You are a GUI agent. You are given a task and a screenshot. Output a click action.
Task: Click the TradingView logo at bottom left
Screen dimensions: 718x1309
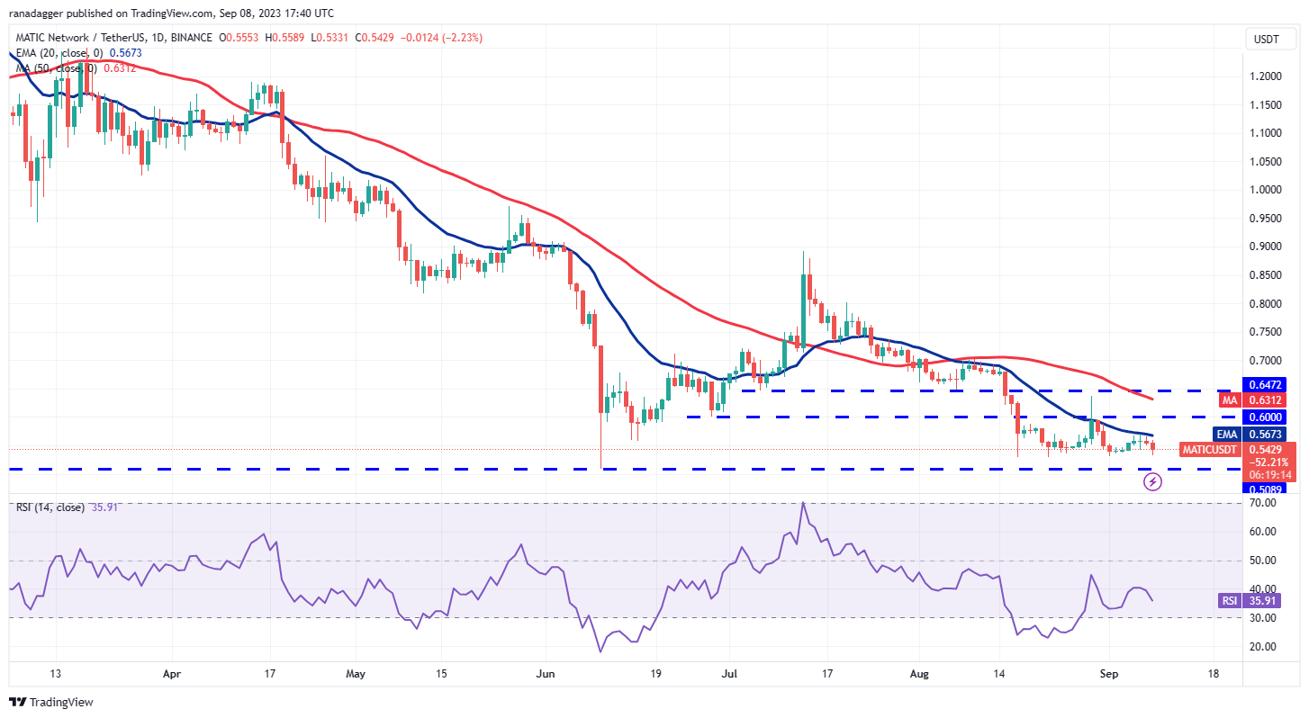(51, 702)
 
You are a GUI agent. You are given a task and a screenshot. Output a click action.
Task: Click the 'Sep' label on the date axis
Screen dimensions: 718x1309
(1109, 673)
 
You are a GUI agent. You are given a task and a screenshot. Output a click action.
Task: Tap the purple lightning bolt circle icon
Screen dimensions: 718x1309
(1152, 481)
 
